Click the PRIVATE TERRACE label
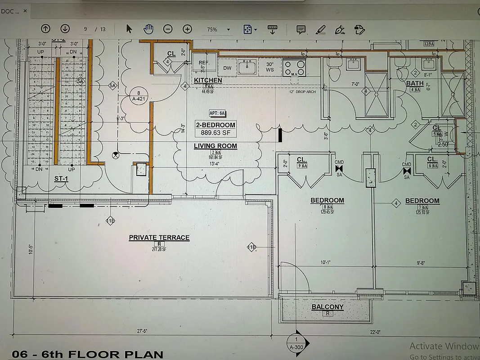coord(159,238)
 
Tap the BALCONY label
coord(327,307)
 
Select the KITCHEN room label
coord(208,80)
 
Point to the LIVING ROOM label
coord(215,146)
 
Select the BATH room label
coord(414,83)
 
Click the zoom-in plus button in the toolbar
coord(187,29)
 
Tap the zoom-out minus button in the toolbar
coord(168,29)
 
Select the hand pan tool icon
coord(148,29)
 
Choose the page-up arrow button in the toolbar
coord(45,29)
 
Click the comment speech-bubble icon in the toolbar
coord(301,29)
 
